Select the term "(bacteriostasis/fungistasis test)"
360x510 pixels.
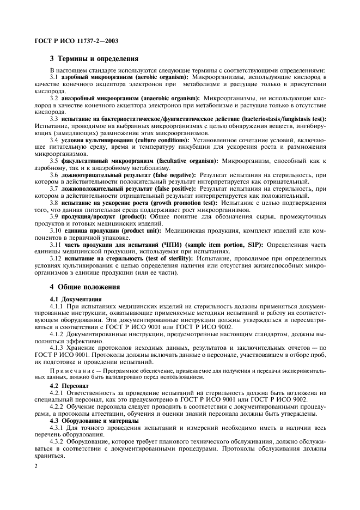(280, 117)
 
